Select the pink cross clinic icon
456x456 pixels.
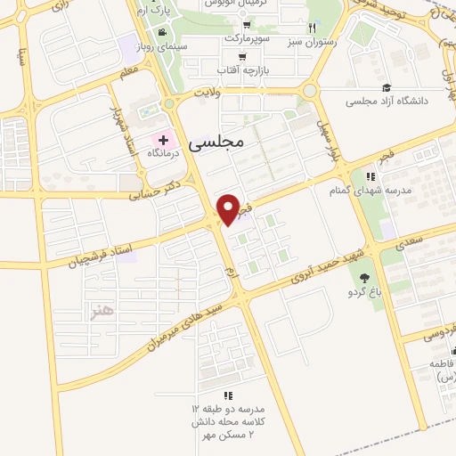pos(163,140)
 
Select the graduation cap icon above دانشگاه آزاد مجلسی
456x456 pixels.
pos(387,86)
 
